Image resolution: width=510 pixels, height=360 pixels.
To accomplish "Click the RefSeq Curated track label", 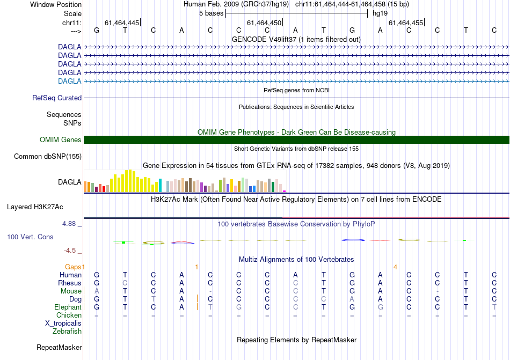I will point(57,98).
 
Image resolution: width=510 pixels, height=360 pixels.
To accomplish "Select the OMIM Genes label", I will point(61,140).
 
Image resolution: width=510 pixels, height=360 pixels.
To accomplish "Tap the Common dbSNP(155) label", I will point(48,157).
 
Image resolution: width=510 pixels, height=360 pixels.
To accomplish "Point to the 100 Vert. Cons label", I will point(31,237).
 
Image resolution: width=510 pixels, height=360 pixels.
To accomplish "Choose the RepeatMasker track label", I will point(59,348).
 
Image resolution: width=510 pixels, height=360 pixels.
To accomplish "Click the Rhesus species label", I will point(70,283).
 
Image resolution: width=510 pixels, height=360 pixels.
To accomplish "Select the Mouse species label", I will point(71,291).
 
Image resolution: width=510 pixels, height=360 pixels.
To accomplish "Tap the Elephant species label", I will point(68,307).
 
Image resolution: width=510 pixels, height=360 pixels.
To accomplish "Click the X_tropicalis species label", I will point(63,324).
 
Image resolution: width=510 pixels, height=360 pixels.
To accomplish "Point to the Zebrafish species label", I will point(67,332).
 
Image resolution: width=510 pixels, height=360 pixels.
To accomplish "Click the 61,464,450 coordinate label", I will point(264,23).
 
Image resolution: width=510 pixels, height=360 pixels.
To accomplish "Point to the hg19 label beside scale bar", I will point(380,13).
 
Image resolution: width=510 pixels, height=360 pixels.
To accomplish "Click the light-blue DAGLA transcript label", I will point(69,81).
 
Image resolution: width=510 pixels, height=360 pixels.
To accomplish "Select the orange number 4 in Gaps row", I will point(395,267).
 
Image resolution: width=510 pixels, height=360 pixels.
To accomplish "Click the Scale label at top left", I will point(72,13).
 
